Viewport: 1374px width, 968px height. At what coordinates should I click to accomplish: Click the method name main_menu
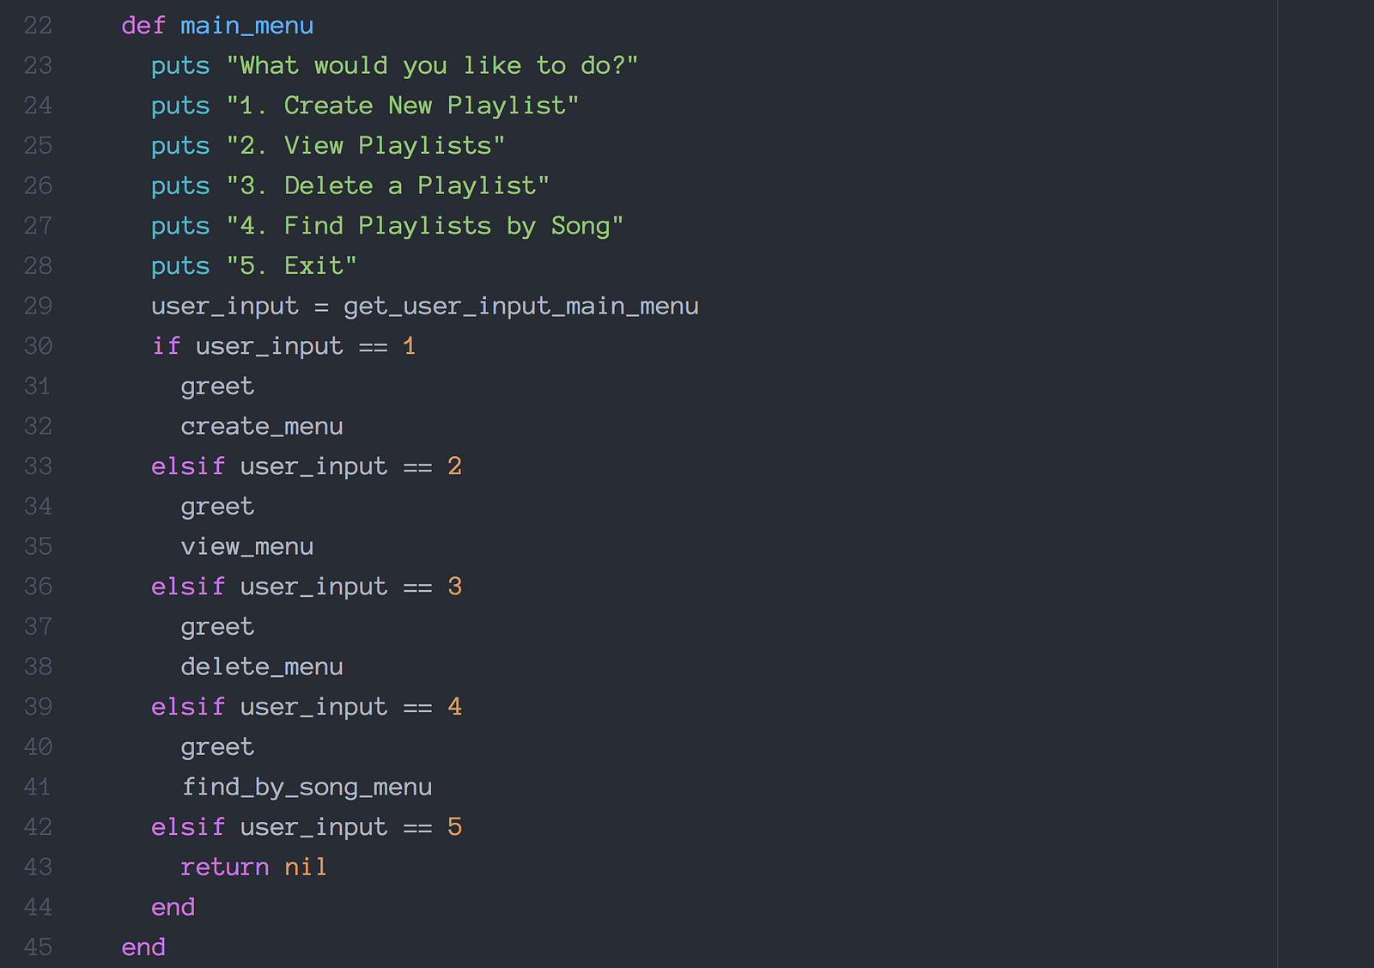[246, 26]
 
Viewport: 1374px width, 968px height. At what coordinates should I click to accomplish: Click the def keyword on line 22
[143, 26]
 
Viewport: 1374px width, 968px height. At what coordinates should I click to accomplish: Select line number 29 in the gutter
[38, 307]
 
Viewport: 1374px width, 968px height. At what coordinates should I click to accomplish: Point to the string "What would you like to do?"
[432, 66]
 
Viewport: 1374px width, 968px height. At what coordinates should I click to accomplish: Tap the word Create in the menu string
[328, 106]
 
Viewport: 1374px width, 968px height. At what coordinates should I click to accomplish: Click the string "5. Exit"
[291, 266]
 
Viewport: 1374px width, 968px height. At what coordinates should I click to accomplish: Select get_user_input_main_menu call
[520, 307]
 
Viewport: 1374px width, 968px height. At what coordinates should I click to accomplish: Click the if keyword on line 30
[166, 346]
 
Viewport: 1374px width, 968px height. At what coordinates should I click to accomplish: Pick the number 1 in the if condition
[409, 346]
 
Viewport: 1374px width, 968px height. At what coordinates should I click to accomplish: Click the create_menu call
[262, 427]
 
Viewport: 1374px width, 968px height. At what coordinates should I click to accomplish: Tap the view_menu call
[247, 547]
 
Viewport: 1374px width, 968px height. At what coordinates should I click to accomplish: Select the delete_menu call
[262, 667]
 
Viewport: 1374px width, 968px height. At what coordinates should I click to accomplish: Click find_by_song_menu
[307, 788]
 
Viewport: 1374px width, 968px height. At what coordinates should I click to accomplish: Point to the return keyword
[225, 868]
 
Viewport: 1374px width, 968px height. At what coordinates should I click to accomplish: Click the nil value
[306, 868]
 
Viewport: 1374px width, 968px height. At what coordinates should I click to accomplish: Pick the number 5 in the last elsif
[454, 827]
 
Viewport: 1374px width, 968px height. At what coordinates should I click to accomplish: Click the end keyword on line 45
[143, 947]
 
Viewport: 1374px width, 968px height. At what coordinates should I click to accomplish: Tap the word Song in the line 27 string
[580, 226]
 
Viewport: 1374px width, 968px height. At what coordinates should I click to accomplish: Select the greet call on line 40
[217, 747]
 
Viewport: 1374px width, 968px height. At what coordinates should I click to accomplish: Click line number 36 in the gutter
[38, 587]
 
